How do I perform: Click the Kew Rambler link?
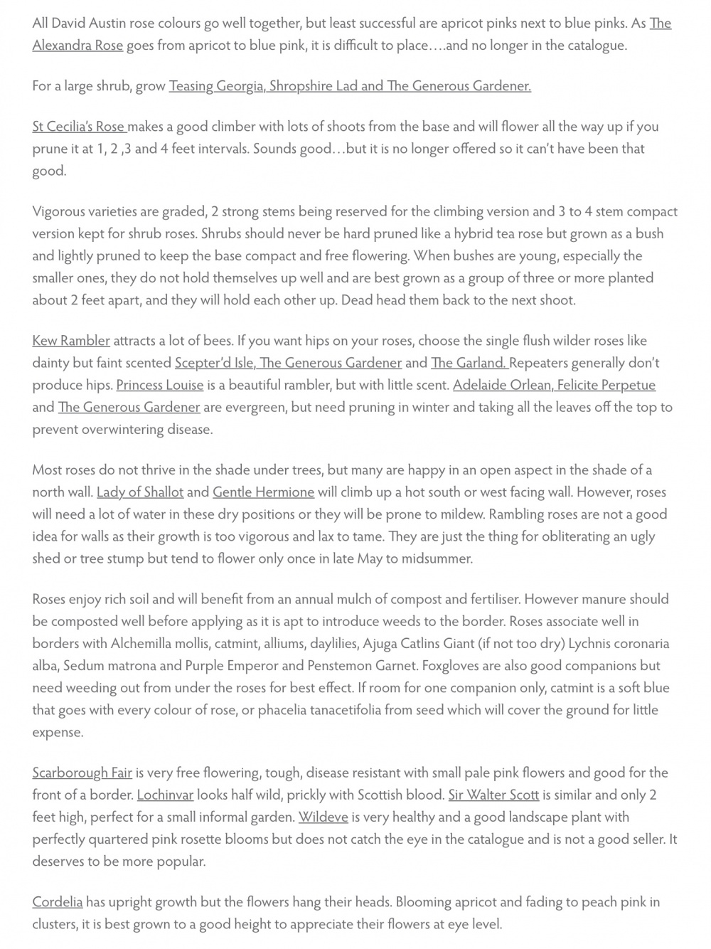[x=71, y=341]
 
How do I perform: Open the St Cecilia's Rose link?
[x=78, y=127]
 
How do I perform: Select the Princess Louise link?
[x=160, y=385]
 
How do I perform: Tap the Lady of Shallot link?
[x=140, y=492]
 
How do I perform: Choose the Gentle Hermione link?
[x=263, y=492]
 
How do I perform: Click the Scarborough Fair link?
[x=82, y=773]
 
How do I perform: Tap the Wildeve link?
[x=323, y=817]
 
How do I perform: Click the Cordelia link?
[x=58, y=902]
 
